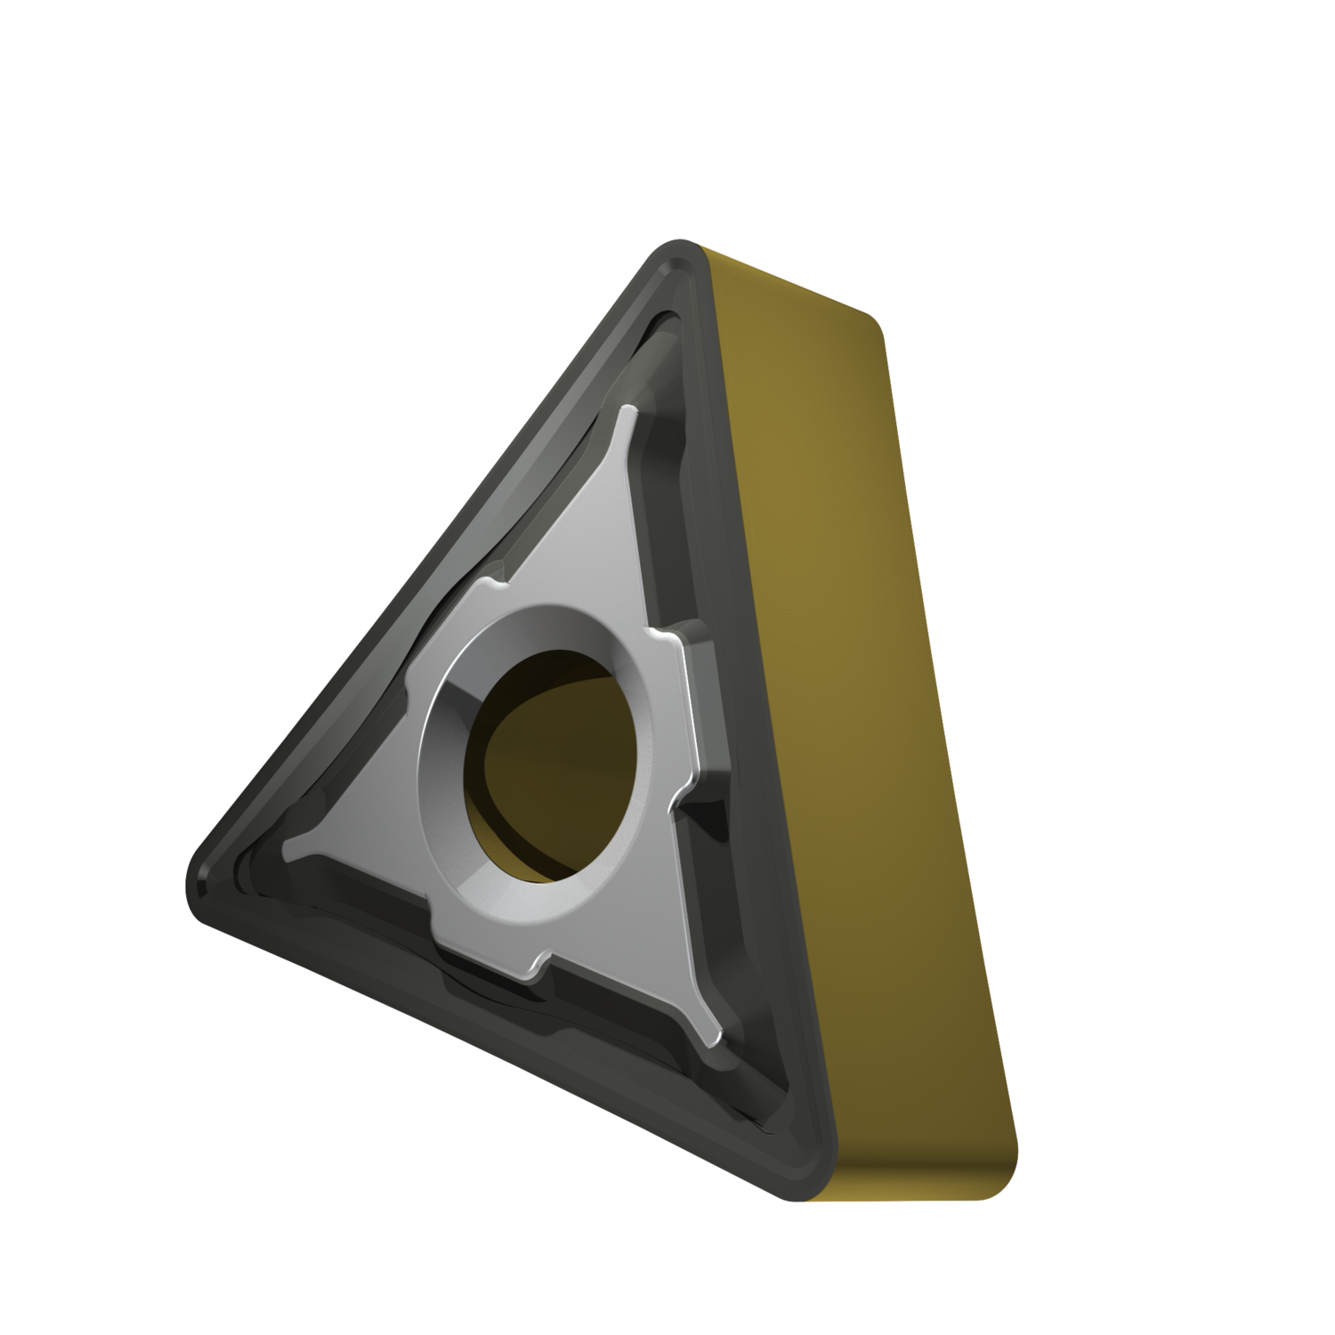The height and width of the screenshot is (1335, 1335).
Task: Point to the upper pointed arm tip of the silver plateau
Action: pyautogui.click(x=629, y=411)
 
